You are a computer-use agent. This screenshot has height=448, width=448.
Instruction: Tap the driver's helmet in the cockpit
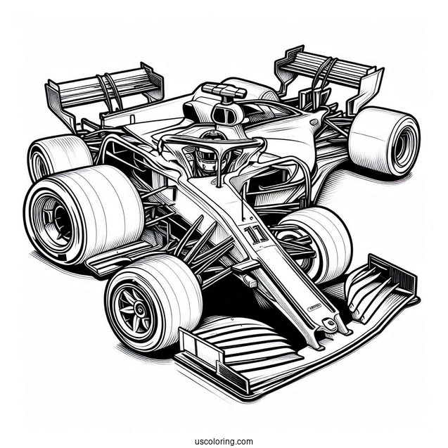coord(205,158)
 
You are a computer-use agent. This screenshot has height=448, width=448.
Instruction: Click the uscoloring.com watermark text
coord(224,423)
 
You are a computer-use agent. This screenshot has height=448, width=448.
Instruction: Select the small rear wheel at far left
coord(56,155)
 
